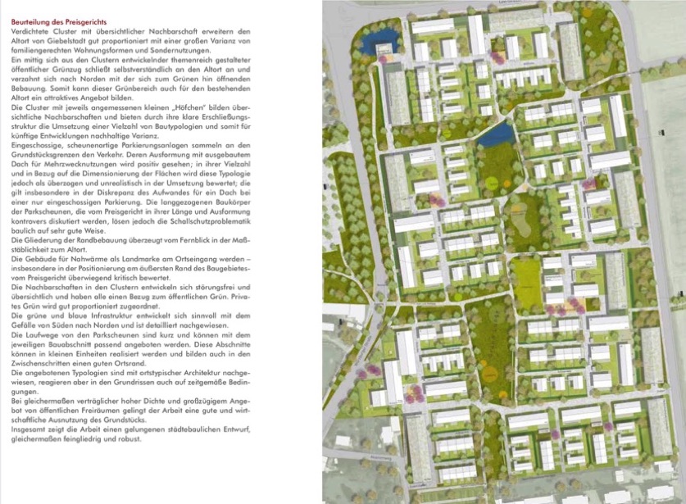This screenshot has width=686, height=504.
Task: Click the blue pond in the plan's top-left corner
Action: (x=380, y=36)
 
